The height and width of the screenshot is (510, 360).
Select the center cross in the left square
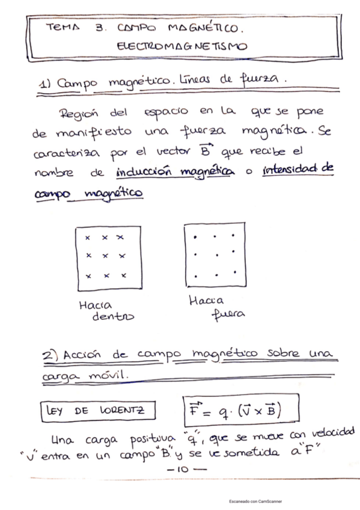tap(105, 256)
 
